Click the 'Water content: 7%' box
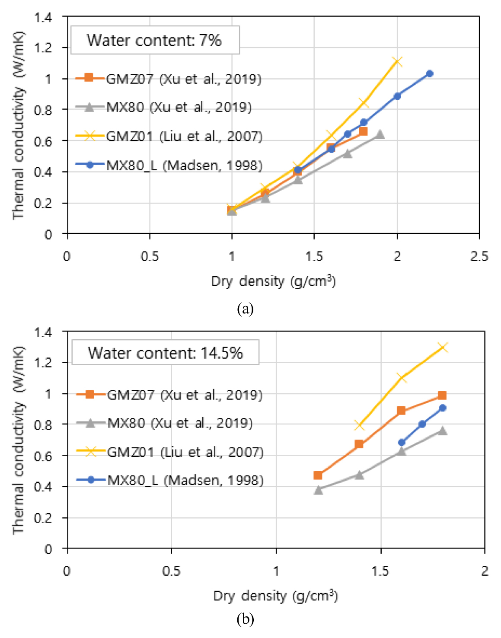(x=155, y=40)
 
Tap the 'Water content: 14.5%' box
(x=165, y=353)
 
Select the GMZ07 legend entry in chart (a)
(x=168, y=79)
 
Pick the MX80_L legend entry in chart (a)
(x=169, y=165)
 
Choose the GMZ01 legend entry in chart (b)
(x=169, y=452)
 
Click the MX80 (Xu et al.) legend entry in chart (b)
(x=164, y=423)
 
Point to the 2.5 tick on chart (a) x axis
(x=479, y=257)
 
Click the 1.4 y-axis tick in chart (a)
(x=43, y=18)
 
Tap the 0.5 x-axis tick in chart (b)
(x=171, y=571)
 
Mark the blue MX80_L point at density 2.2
(x=429, y=74)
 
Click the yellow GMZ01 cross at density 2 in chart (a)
(x=397, y=62)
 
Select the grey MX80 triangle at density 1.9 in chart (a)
(x=380, y=134)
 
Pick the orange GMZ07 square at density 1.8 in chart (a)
(x=363, y=131)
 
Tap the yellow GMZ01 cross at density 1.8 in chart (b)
(x=442, y=348)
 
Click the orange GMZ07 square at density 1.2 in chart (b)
(x=318, y=475)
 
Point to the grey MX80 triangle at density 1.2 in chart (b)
(x=318, y=490)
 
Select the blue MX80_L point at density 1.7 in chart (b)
(x=422, y=424)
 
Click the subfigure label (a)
(x=245, y=309)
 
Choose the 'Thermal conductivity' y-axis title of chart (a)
(x=18, y=125)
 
